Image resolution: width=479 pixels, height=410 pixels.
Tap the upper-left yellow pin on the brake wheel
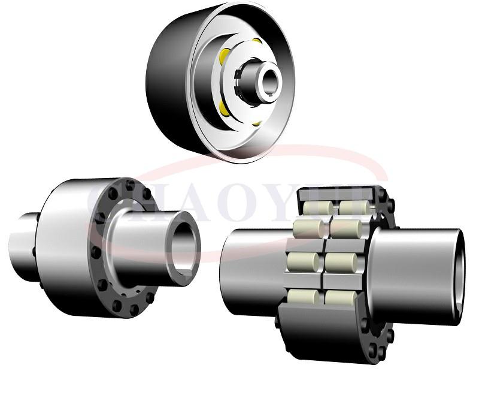[225, 57]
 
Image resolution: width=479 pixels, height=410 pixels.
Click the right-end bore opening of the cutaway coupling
[459, 270]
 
